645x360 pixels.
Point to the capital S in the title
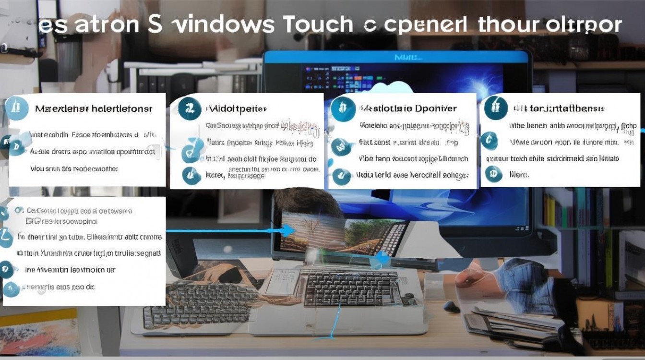coord(155,24)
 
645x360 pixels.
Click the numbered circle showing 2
coord(189,109)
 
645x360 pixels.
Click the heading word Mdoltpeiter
coord(236,109)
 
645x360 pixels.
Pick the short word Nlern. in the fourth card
coord(519,175)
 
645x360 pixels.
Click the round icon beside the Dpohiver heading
coord(343,108)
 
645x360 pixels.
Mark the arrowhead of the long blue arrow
coord(287,231)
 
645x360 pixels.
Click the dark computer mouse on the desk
coord(452,306)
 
